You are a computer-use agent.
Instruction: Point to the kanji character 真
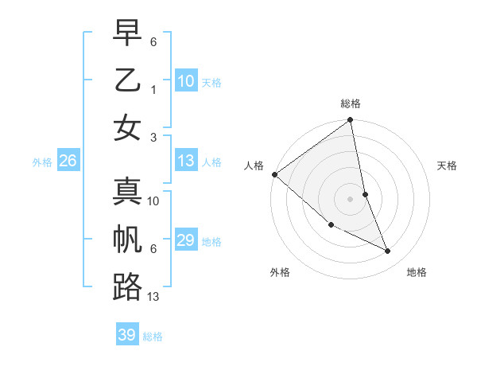point(127,191)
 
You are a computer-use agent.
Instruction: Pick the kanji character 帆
point(127,240)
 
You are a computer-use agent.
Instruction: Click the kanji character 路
point(127,287)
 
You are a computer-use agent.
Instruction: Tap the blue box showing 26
point(68,162)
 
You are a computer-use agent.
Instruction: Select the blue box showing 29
point(185,240)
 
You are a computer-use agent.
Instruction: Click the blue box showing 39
point(126,335)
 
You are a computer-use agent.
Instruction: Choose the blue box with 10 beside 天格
point(185,81)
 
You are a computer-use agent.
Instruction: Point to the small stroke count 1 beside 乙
point(153,89)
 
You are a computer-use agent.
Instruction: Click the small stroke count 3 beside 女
point(153,137)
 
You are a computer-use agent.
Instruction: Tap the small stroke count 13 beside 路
point(153,297)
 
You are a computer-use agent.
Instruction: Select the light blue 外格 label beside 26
point(42,162)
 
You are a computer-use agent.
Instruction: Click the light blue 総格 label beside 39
point(153,337)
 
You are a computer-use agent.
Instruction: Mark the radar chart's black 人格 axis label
point(254,166)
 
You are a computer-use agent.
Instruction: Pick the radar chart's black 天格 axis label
point(447,166)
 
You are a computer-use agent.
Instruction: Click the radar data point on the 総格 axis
point(351,121)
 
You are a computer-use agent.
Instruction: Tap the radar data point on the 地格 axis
point(388,251)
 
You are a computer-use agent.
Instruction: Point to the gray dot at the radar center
point(351,198)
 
